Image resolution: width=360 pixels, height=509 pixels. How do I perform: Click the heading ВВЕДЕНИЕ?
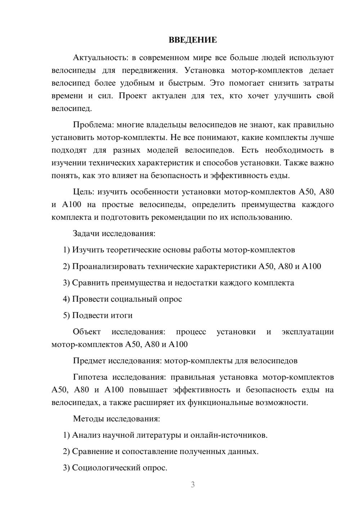193,40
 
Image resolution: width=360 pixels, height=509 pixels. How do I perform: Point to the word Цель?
84,192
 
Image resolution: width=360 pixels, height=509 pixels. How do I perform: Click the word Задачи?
86,234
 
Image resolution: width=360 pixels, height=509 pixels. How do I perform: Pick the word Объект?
87,332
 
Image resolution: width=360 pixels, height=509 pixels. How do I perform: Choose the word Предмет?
89,361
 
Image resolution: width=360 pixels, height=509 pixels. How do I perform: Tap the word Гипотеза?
90,377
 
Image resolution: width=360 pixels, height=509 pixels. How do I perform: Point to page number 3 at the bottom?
193,485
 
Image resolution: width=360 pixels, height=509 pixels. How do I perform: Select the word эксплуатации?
308,332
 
